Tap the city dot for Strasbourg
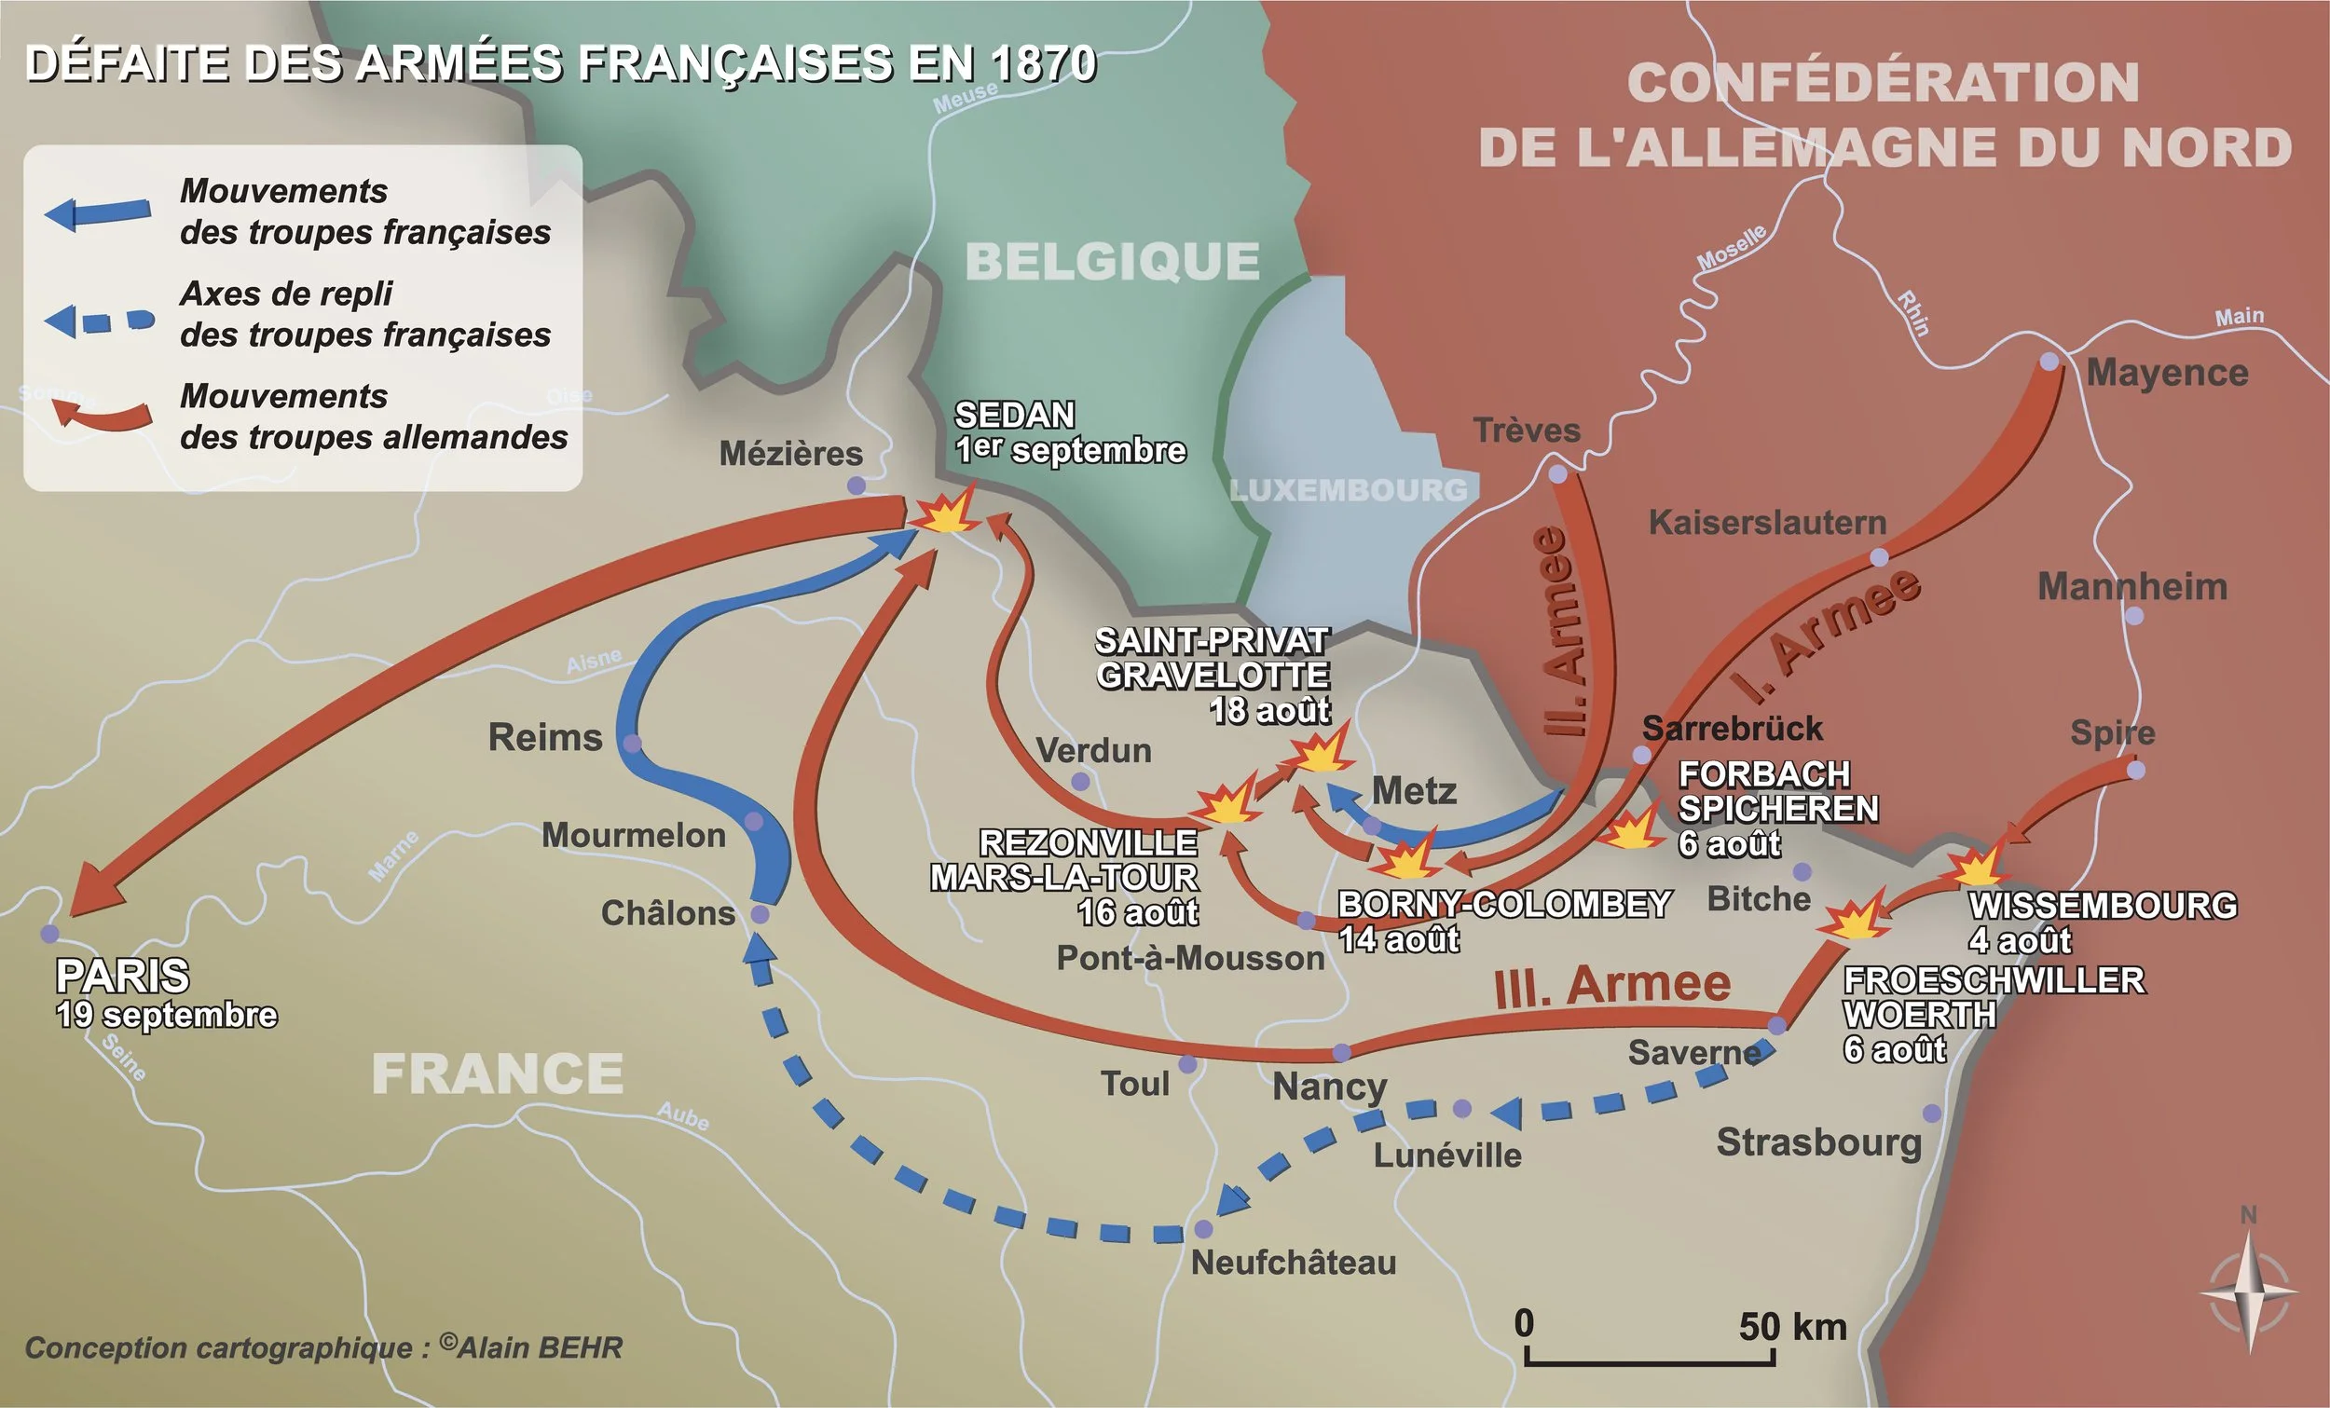[1932, 1113]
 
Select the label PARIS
[122, 976]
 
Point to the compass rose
[2250, 1291]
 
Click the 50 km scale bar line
[1649, 1361]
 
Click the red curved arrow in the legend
[103, 414]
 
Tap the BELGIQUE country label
[1112, 261]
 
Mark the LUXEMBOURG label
[1348, 490]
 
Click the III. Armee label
[1612, 985]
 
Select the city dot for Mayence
[2049, 362]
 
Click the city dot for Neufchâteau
[1203, 1228]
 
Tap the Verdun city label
[1094, 751]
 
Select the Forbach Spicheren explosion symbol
[1630, 828]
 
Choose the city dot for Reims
[632, 744]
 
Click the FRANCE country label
[498, 1074]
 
